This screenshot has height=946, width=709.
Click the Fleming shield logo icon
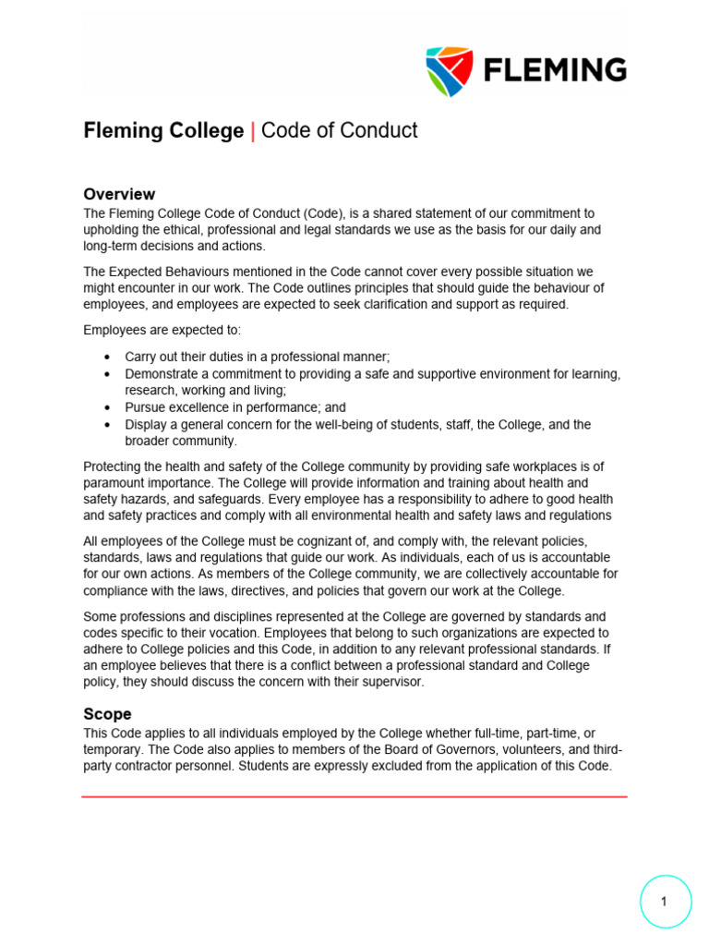[447, 72]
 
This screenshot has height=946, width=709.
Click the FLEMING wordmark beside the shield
[551, 70]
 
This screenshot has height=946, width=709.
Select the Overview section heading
[119, 194]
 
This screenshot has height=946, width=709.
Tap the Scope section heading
[107, 713]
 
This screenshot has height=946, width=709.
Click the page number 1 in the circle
[665, 901]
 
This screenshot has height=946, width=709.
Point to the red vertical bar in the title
[253, 131]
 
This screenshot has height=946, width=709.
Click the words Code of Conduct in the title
[339, 131]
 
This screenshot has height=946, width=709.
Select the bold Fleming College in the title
[163, 131]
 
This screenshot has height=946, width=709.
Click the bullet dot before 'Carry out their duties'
[107, 357]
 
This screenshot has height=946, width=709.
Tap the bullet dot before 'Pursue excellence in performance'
[107, 407]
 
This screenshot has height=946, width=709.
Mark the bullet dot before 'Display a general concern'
[107, 425]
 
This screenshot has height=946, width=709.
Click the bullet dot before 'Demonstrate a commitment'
[107, 374]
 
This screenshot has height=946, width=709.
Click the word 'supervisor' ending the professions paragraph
[391, 682]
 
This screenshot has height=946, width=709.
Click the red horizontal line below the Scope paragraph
[354, 795]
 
